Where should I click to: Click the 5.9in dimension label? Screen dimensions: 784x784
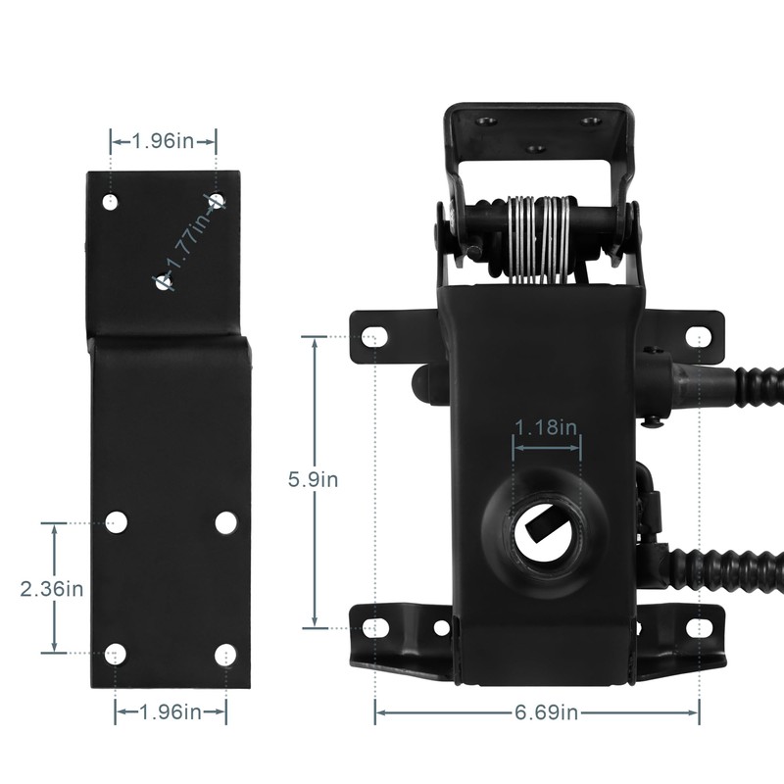tap(313, 479)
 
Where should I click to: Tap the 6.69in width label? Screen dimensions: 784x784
tap(546, 712)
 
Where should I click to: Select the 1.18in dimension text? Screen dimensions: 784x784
tap(546, 427)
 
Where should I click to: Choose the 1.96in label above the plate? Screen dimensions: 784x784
tap(163, 141)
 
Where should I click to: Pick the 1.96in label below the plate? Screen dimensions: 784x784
tap(171, 712)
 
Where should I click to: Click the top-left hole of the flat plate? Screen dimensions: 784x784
tap(110, 202)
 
